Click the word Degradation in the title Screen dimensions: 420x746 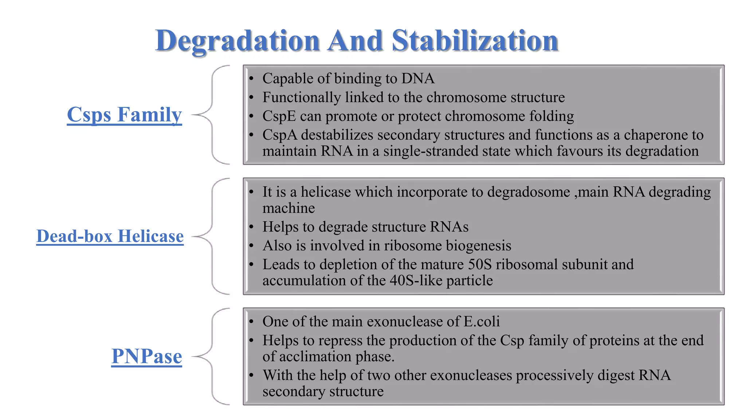coord(237,41)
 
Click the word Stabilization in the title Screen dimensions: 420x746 coord(475,41)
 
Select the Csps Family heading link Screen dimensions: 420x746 coord(124,115)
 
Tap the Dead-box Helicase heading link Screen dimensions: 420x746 coord(110,236)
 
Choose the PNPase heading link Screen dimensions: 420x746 coord(146,356)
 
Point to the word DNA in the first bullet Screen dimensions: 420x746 coord(418,79)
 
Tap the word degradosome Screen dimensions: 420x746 coord(529,192)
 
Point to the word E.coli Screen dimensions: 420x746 coord(481,322)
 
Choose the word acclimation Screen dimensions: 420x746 coord(315,357)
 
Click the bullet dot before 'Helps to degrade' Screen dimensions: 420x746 coord(251,227)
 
